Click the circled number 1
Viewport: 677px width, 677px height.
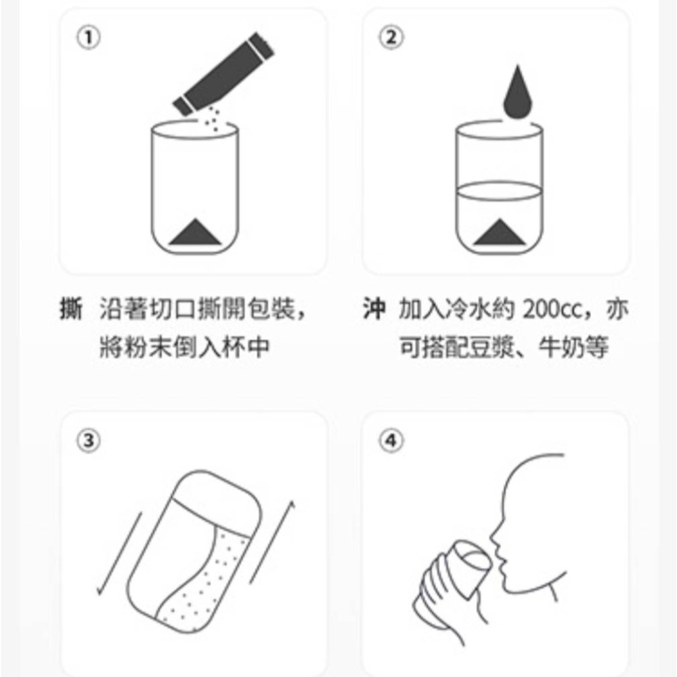click(89, 37)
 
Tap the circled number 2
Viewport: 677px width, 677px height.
click(391, 37)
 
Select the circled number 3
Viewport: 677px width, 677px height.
click(89, 441)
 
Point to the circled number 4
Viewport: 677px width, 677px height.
click(391, 441)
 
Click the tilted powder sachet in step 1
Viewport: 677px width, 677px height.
click(223, 74)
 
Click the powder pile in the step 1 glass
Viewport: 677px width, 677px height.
click(195, 232)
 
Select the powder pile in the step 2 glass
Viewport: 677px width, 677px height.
click(500, 232)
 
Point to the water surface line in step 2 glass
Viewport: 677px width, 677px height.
click(500, 190)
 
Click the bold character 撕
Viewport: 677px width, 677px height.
click(71, 309)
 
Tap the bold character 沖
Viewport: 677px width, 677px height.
click(374, 309)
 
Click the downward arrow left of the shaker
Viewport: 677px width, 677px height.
click(120, 554)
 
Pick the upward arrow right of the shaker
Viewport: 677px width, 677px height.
click(272, 542)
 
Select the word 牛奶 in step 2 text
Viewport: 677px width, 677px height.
click(562, 347)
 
